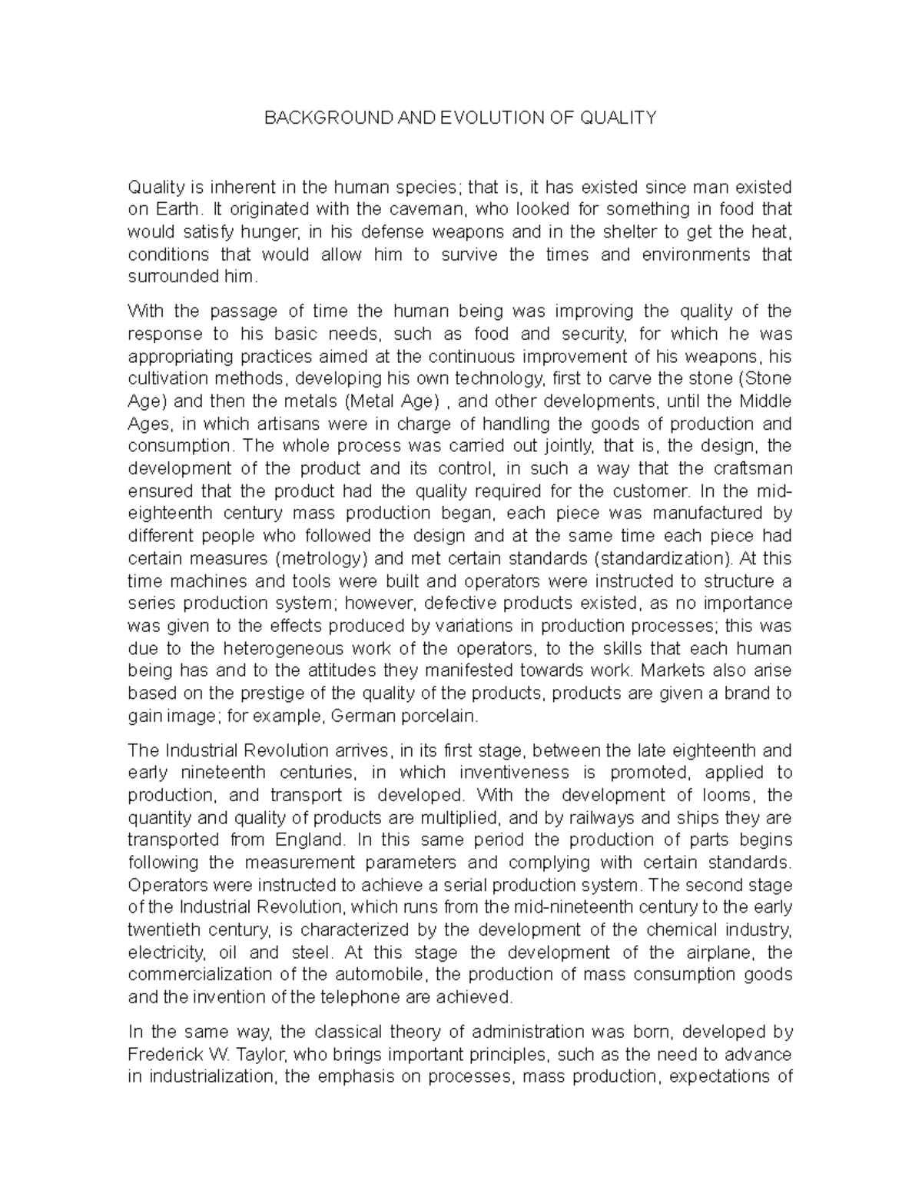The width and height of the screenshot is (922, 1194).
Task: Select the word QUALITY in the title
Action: [619, 118]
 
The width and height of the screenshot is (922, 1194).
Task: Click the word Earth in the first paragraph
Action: [183, 209]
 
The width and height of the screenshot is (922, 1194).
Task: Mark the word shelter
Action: [619, 231]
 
